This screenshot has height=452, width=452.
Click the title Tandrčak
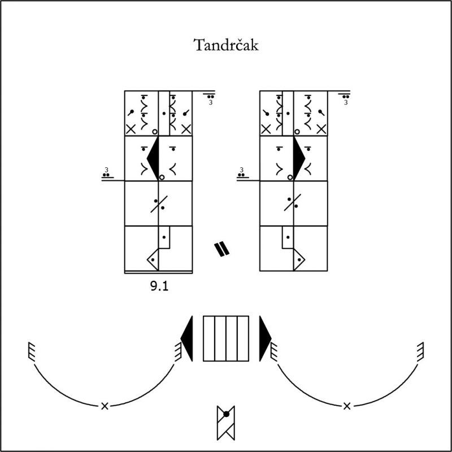click(x=226, y=45)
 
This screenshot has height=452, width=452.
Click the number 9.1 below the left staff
click(x=159, y=286)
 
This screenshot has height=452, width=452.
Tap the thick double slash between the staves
click(x=221, y=250)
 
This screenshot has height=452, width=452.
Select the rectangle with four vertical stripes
click(x=226, y=338)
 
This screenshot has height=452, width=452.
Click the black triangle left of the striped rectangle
click(x=187, y=338)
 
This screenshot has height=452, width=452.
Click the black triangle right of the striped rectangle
click(x=265, y=338)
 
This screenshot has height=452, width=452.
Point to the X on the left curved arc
click(x=105, y=406)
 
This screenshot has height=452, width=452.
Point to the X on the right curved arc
click(x=347, y=406)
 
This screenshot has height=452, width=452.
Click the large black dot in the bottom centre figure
click(x=227, y=414)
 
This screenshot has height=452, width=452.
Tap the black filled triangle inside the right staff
click(x=299, y=158)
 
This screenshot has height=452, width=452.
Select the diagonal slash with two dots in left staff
click(x=159, y=204)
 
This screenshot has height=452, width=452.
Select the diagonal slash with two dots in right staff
click(x=293, y=202)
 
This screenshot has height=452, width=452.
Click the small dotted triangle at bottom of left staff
click(x=153, y=260)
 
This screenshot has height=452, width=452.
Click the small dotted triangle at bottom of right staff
click(x=299, y=260)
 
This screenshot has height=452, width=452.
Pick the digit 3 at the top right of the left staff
click(x=211, y=102)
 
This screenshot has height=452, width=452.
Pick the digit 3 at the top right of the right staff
click(x=346, y=102)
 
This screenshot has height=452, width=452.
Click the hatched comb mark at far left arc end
click(x=32, y=351)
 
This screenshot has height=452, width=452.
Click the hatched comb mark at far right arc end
click(x=420, y=351)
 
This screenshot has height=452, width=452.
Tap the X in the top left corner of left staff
click(x=131, y=129)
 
